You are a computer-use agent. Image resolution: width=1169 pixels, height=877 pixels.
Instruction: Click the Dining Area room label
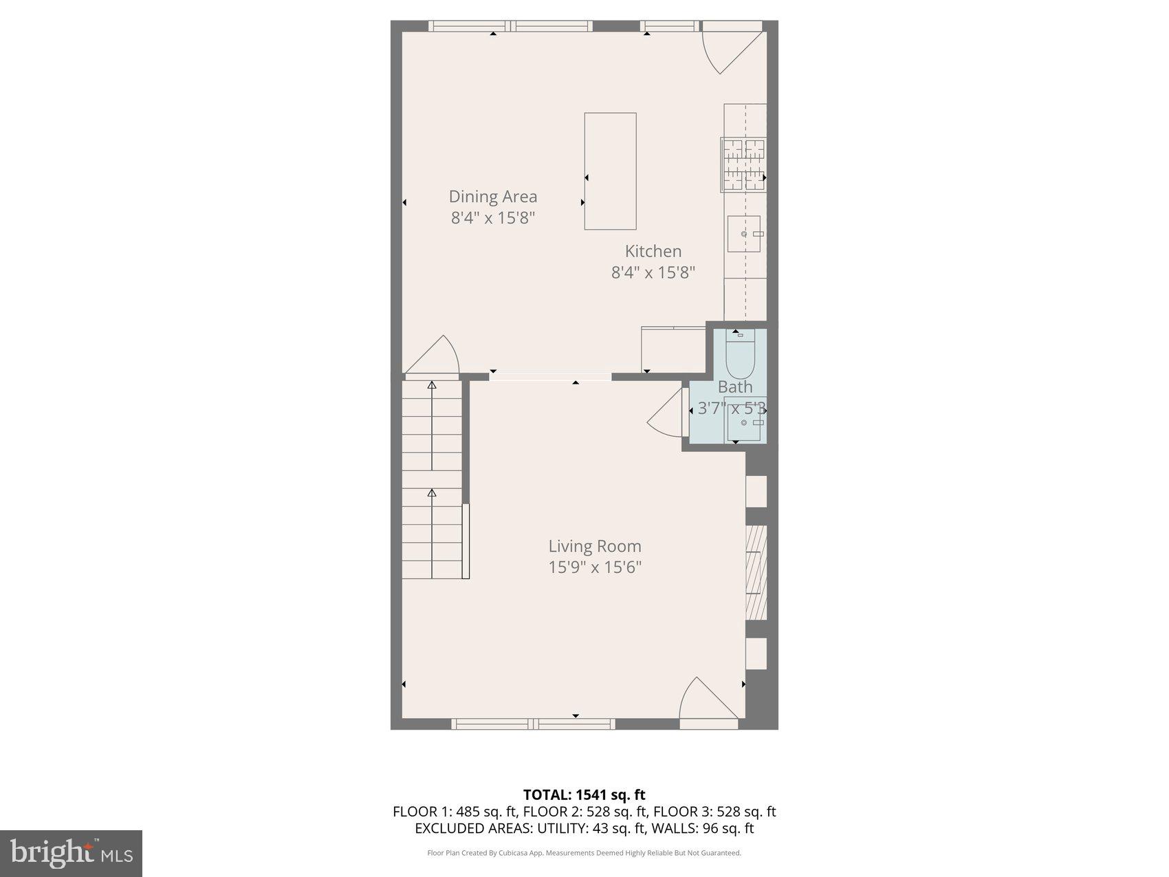point(492,197)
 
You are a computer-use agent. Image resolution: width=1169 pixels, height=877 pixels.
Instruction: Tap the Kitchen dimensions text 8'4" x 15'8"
point(653,272)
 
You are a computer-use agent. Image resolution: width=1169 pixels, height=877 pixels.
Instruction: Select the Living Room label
point(594,546)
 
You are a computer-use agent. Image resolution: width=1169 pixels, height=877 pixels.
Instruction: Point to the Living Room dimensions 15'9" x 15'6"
point(594,567)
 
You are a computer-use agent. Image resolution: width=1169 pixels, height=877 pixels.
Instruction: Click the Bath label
point(734,387)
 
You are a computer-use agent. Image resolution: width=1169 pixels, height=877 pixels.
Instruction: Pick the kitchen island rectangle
point(610,171)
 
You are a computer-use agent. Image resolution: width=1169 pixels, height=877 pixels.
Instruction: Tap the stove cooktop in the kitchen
point(743,164)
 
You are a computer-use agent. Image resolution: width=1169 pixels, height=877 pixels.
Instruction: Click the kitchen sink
point(744,234)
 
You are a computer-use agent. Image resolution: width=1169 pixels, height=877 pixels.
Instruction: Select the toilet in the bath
point(740,352)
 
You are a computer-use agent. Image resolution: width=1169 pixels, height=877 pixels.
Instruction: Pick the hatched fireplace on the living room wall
point(756,573)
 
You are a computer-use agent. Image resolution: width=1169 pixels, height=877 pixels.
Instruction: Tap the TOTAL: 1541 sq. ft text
point(584,795)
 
